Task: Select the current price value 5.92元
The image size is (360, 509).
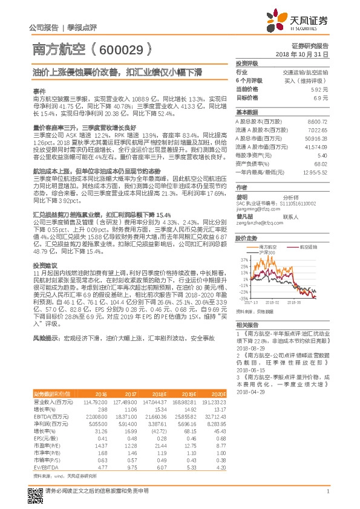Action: click(320, 89)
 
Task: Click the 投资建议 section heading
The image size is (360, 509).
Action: click(45, 265)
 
